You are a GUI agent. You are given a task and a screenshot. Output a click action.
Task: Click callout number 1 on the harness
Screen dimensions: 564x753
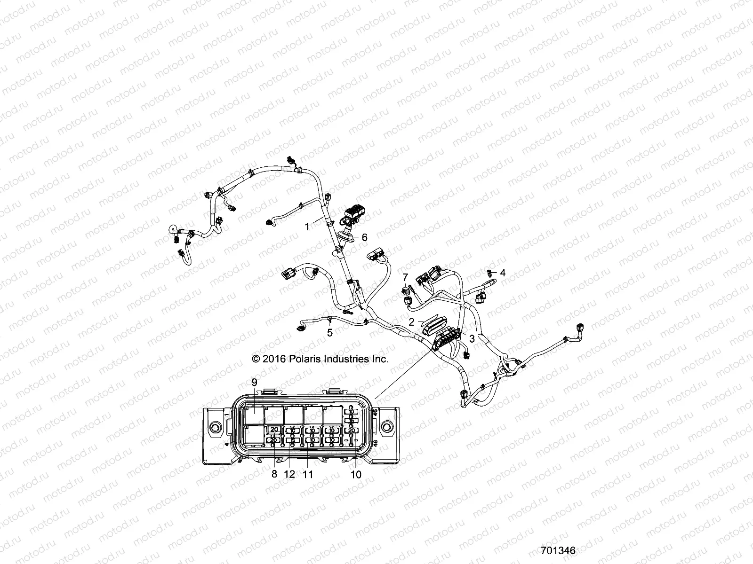tap(307, 227)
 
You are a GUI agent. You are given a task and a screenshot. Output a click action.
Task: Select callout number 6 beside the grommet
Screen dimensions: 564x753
tap(364, 237)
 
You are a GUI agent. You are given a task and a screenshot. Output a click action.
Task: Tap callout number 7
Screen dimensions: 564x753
tap(405, 277)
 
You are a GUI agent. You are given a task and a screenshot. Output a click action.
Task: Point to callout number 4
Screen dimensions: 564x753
tap(503, 273)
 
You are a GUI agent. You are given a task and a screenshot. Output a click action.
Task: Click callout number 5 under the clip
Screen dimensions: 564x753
tap(330, 332)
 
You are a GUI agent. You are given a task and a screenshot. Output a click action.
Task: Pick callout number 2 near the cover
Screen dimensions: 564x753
tap(411, 322)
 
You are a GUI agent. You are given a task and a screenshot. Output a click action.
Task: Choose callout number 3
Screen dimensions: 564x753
tap(472, 337)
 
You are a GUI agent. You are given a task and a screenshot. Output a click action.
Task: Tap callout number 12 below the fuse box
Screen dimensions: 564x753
tap(289, 474)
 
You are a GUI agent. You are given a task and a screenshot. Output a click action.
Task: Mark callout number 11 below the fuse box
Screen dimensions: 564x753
tap(307, 474)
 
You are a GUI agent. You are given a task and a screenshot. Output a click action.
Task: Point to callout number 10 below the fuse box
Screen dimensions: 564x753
tap(356, 474)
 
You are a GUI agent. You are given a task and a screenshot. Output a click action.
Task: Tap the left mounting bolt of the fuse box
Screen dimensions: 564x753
tap(216, 427)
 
